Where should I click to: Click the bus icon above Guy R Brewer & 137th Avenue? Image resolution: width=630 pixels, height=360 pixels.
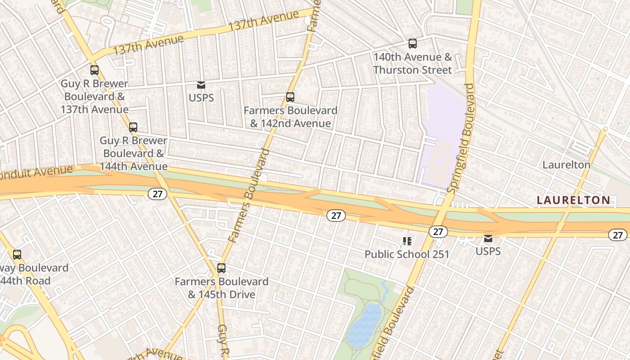click(x=94, y=70)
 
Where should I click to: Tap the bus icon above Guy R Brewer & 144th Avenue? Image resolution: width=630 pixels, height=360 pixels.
click(x=133, y=127)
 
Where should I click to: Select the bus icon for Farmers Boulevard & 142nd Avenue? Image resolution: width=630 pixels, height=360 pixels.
click(x=290, y=97)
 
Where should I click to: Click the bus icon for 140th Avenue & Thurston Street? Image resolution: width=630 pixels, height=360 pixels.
click(x=412, y=44)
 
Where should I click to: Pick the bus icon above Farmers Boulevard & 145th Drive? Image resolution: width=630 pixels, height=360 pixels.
click(x=221, y=268)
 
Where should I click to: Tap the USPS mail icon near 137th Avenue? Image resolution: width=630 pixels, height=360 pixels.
click(x=201, y=85)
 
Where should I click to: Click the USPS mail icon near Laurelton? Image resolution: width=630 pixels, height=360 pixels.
click(x=488, y=238)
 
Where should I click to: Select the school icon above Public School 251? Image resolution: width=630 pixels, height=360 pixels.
click(x=407, y=242)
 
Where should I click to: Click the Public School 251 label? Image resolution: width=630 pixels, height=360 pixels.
click(x=407, y=254)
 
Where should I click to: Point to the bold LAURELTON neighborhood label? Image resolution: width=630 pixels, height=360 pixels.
click(x=574, y=200)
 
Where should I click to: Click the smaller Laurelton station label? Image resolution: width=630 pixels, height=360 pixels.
click(x=566, y=165)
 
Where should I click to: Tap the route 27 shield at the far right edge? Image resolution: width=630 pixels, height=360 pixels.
click(x=617, y=234)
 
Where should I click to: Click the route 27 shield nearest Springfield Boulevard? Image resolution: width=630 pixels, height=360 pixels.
click(x=438, y=232)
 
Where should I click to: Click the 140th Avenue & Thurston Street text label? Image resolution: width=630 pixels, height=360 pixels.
click(x=412, y=63)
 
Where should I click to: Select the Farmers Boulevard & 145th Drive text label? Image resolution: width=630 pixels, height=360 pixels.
click(x=221, y=288)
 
